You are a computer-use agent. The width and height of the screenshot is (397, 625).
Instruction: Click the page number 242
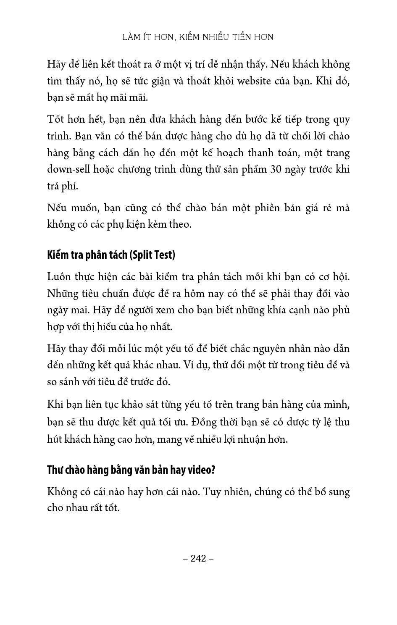[198, 558]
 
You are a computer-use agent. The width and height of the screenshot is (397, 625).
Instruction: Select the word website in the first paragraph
[254, 81]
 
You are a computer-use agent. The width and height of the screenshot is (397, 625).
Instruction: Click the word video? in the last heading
[201, 470]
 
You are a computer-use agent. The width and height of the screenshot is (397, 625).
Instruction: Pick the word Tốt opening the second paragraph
[56, 119]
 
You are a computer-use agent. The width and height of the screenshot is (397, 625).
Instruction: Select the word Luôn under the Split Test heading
[58, 276]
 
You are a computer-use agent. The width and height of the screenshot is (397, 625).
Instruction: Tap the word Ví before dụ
[189, 365]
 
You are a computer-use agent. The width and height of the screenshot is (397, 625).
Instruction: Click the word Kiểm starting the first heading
[58, 255]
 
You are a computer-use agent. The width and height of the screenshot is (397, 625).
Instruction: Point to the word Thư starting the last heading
[55, 470]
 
